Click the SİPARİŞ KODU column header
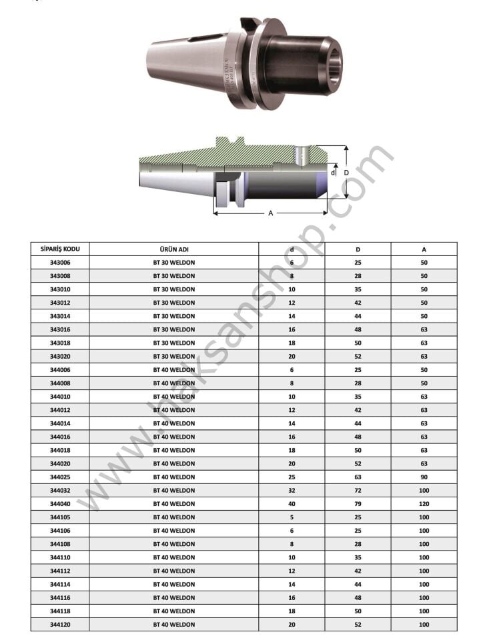tap(60, 249)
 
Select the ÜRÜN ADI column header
tap(174, 249)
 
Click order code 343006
tap(60, 263)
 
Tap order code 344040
tap(60, 504)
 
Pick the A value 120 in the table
tap(424, 504)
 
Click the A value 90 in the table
tap(424, 477)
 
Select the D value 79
tap(358, 504)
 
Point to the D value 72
tap(358, 490)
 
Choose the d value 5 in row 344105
tap(292, 517)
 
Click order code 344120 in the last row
tap(60, 625)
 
